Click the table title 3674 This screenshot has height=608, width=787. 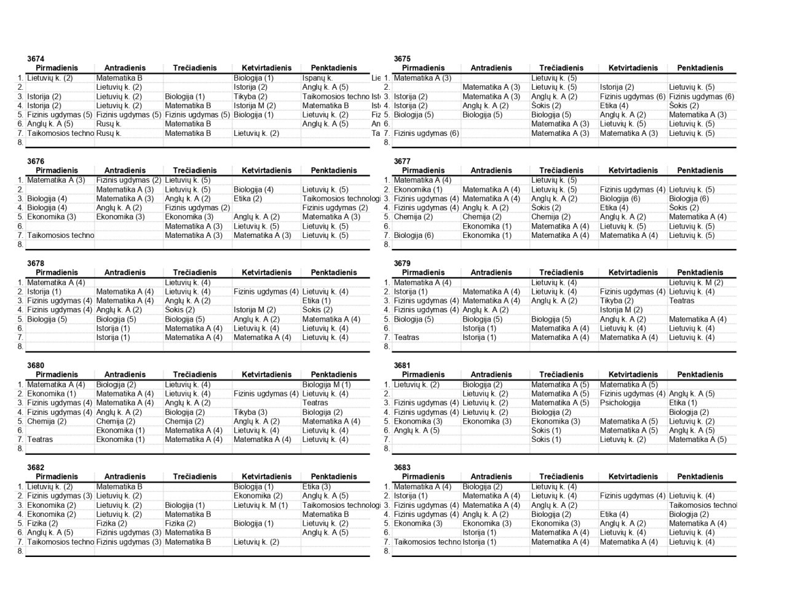click(x=36, y=59)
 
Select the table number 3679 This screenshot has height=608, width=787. click(x=402, y=263)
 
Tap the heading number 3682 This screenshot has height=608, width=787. click(x=36, y=467)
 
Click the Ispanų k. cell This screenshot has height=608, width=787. click(x=317, y=78)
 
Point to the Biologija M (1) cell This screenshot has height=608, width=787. click(x=326, y=385)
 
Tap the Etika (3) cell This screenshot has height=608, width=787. click(x=316, y=487)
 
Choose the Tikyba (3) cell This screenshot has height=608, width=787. click(x=250, y=413)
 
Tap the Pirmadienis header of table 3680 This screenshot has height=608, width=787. click(x=57, y=374)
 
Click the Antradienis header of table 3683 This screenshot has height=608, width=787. click(x=491, y=476)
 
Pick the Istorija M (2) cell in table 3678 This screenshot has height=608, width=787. click(x=254, y=310)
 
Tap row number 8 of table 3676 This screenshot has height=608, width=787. click(x=20, y=245)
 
